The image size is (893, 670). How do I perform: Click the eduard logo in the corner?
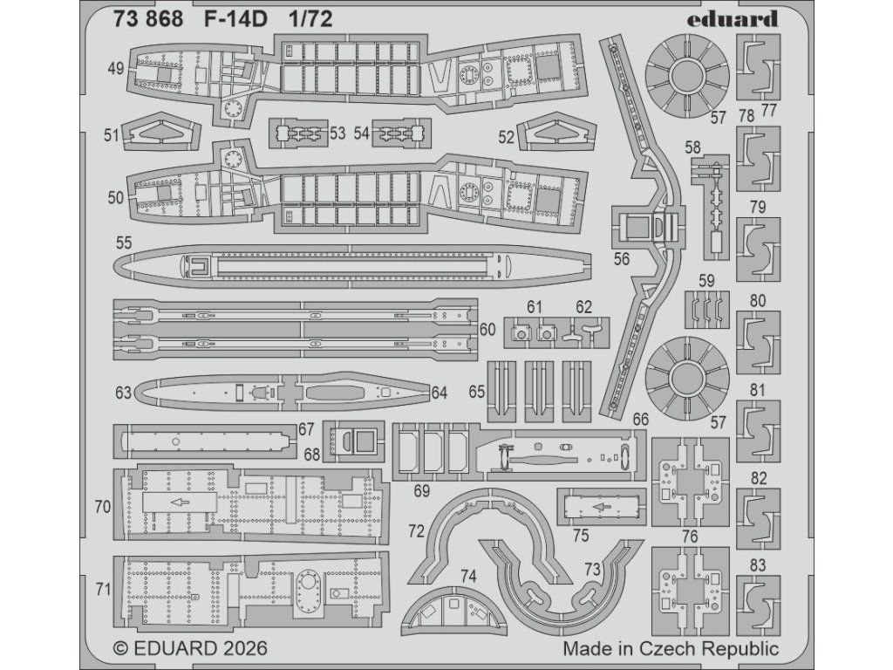(732, 19)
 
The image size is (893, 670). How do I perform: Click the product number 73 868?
(148, 19)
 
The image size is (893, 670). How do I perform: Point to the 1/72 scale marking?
(310, 19)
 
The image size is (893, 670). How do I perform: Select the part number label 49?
(116, 69)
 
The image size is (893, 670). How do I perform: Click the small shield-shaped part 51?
(162, 131)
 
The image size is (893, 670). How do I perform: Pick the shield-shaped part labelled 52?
(556, 132)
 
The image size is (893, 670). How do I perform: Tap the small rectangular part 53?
(298, 133)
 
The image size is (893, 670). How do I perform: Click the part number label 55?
(124, 243)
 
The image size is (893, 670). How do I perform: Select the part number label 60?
(487, 329)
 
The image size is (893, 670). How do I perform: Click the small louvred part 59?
(706, 309)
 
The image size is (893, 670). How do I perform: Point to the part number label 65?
(477, 392)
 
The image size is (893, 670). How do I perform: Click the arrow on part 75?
(601, 505)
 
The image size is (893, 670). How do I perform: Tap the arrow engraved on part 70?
(180, 502)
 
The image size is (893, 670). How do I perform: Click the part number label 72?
(416, 531)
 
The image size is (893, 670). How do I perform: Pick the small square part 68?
(353, 441)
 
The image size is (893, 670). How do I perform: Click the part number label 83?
(758, 565)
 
